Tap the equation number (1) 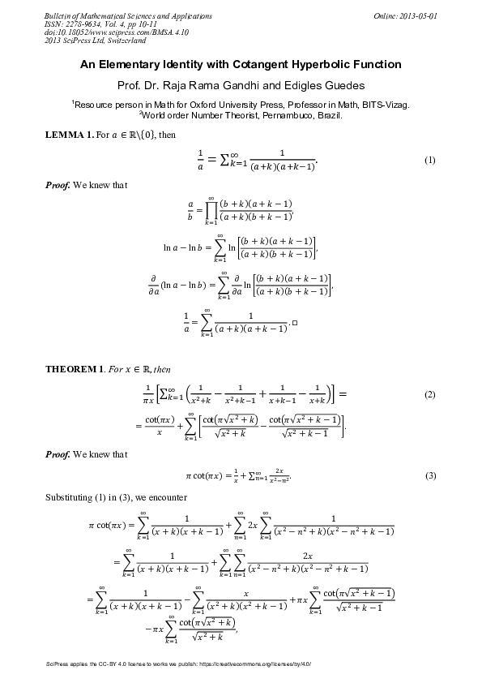pyautogui.click(x=430, y=160)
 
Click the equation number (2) pyautogui.click(x=430, y=395)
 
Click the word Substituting pyautogui.click(x=66, y=497)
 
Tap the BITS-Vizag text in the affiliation pyautogui.click(x=387, y=104)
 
